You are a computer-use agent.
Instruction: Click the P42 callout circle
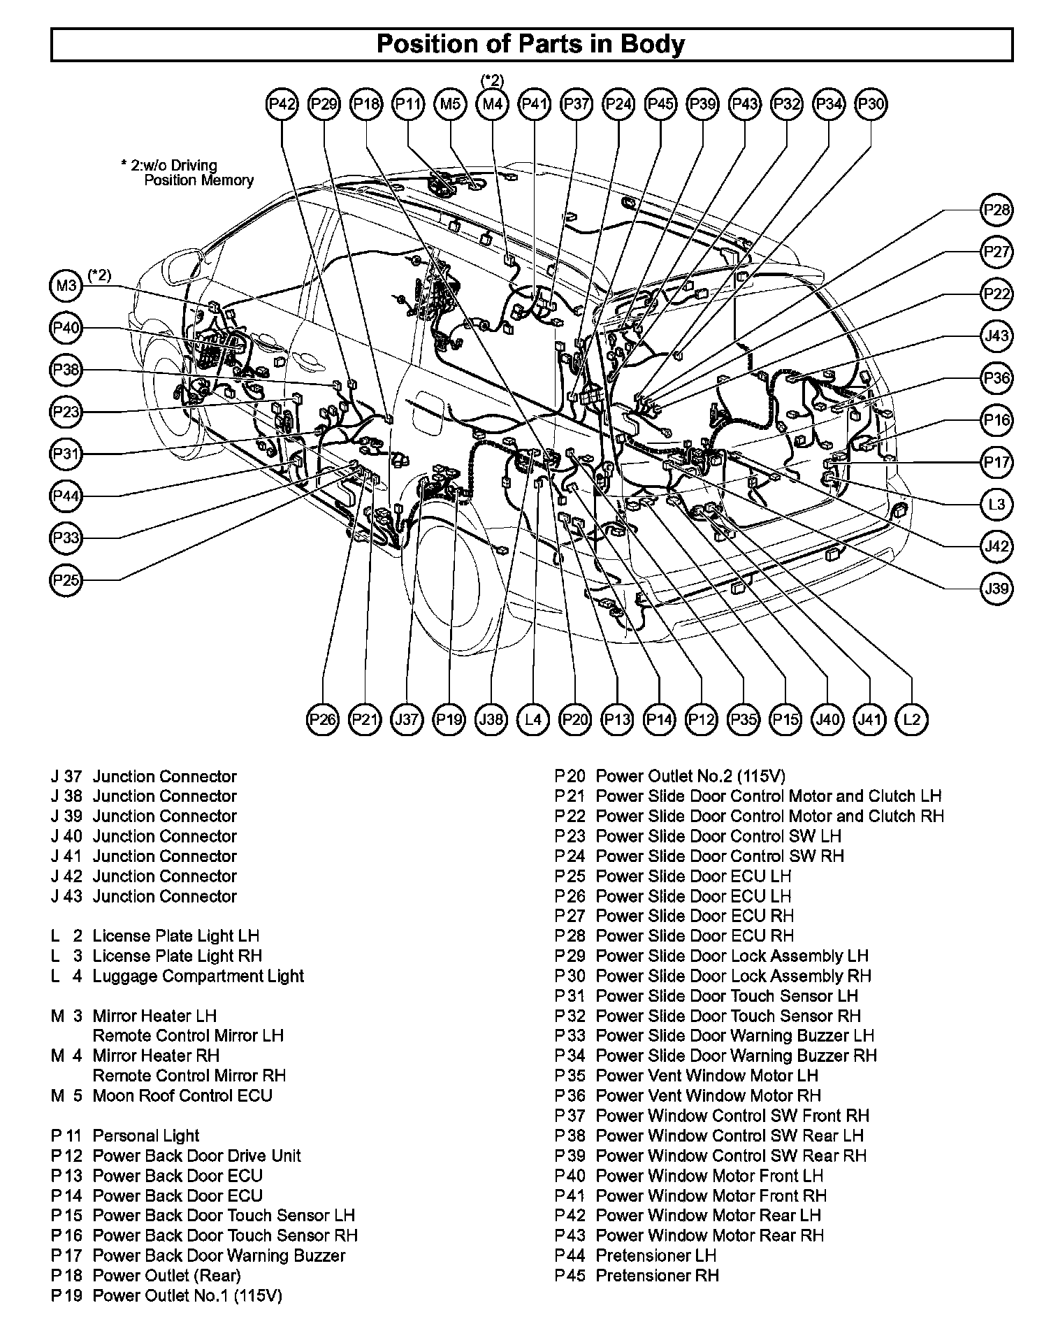282,105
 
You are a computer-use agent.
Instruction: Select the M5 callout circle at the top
451,105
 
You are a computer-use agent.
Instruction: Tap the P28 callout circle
996,210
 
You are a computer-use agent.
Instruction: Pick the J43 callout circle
996,336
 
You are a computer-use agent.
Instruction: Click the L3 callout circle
996,504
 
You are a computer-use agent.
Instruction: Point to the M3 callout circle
66,286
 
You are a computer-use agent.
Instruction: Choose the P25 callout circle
66,580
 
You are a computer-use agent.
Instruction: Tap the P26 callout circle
323,719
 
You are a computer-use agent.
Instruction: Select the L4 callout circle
533,719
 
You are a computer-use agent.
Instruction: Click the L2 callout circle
912,719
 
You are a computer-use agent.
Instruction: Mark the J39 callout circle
996,589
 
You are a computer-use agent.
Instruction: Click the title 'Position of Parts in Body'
531,44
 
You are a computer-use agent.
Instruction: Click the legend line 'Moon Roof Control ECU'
182,1095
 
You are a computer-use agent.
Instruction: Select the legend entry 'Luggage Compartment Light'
198,976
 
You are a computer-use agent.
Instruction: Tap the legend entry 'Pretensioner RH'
657,1275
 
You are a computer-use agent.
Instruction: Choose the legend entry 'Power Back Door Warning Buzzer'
219,1256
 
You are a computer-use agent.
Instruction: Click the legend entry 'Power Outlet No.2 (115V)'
690,776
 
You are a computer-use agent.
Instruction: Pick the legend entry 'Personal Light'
146,1136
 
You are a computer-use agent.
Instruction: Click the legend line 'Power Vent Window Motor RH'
708,1095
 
